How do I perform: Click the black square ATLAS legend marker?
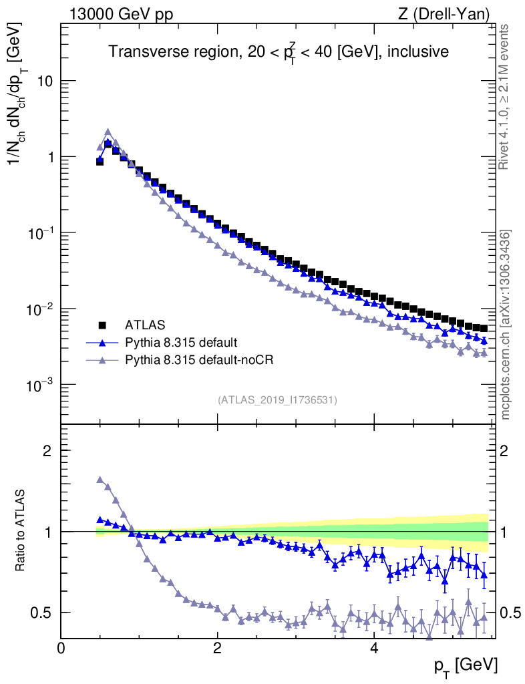(x=103, y=325)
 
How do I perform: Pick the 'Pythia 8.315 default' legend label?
(x=181, y=343)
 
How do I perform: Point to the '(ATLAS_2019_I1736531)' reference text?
(x=277, y=400)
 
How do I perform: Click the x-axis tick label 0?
(x=61, y=648)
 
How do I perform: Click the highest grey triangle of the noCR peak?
(x=108, y=132)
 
